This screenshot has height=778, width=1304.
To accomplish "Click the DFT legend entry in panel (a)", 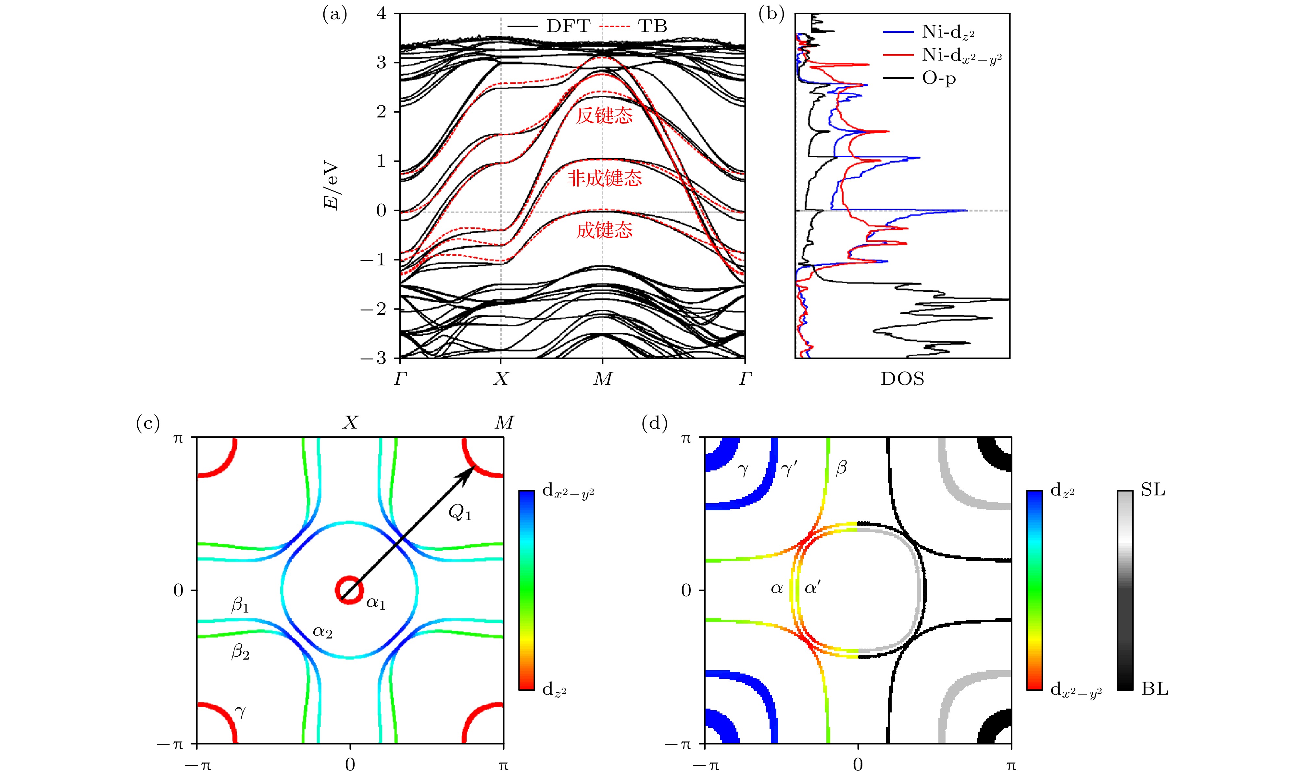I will point(568,26).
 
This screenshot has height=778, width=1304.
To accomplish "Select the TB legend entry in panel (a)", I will point(652,26).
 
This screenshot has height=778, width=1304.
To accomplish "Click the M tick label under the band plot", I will point(602,379).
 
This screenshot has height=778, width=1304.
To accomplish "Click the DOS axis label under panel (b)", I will point(902,379).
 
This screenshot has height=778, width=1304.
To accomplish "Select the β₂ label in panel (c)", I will point(240,653).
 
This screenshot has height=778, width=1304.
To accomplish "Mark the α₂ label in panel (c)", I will point(322,632).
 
